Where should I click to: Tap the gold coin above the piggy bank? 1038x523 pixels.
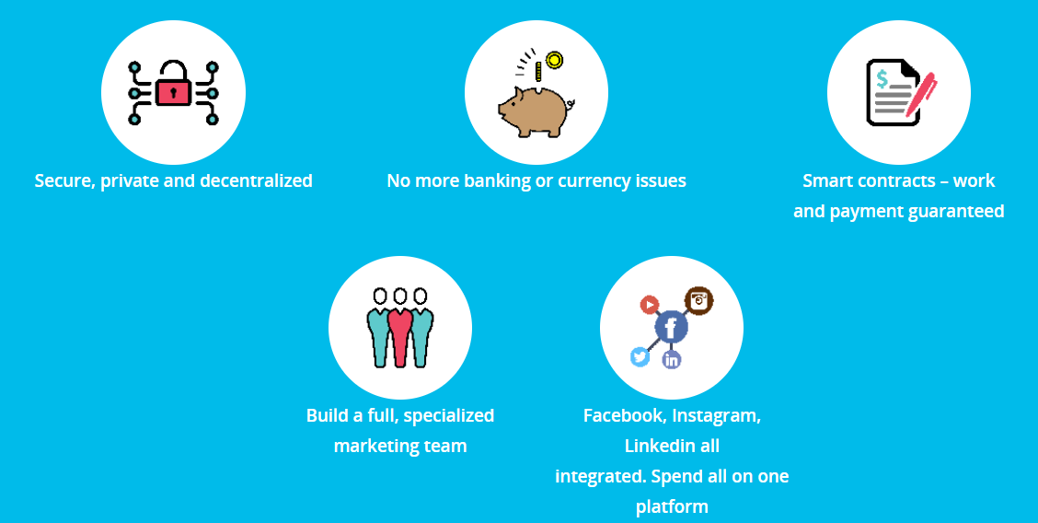pyautogui.click(x=554, y=60)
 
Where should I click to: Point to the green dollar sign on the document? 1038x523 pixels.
pyautogui.click(x=882, y=79)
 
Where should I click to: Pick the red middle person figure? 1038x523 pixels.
pyautogui.click(x=400, y=327)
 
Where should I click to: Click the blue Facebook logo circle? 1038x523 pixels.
pyautogui.click(x=671, y=327)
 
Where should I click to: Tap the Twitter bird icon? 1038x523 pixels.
pyautogui.click(x=640, y=357)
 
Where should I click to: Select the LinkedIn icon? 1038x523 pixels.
pyautogui.click(x=672, y=360)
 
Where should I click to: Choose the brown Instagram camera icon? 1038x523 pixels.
pyautogui.click(x=698, y=300)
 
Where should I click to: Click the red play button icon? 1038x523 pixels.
pyautogui.click(x=650, y=305)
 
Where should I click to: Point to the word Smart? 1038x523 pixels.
pyautogui.click(x=825, y=180)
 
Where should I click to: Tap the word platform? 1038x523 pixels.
pyautogui.click(x=672, y=507)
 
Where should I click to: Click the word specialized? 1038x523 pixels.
pyautogui.click(x=449, y=416)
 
